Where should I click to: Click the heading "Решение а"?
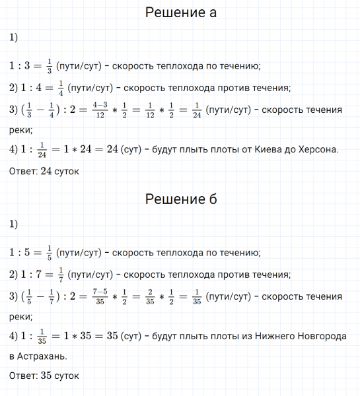click(x=180, y=13)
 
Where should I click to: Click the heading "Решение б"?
click(x=180, y=199)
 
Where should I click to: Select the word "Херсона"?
click(x=313, y=150)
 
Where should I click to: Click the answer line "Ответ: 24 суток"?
click(x=44, y=172)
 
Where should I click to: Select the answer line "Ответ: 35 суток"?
click(x=44, y=376)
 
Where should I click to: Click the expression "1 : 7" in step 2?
click(x=32, y=274)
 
